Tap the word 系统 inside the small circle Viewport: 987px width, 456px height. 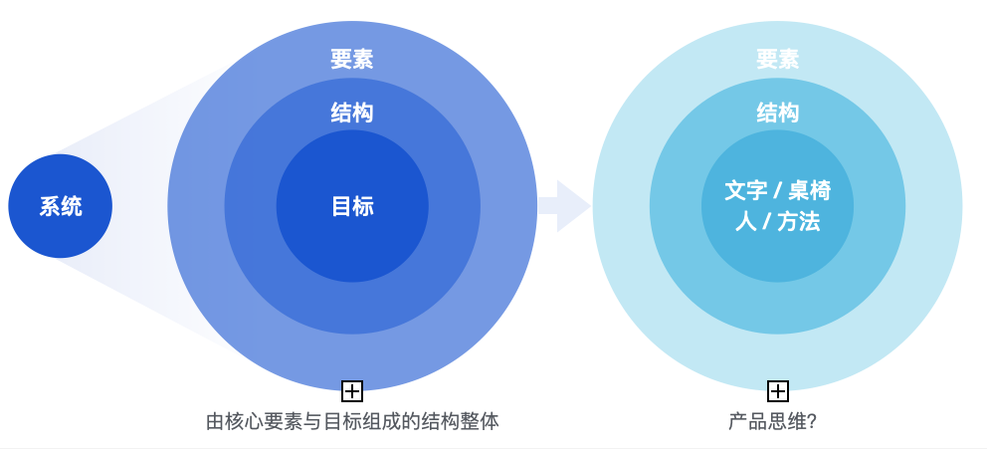pyautogui.click(x=61, y=207)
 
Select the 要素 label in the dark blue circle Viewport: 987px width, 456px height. pyautogui.click(x=352, y=60)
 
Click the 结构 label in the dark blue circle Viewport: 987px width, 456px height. pyautogui.click(x=352, y=113)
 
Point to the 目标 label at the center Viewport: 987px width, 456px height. pyautogui.click(x=352, y=207)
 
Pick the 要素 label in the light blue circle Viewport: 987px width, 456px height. pyautogui.click(x=777, y=60)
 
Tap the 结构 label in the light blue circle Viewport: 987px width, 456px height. pyautogui.click(x=777, y=113)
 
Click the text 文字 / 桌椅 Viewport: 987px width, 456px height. pyautogui.click(x=777, y=190)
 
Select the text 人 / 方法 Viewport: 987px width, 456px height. pyautogui.click(x=777, y=222)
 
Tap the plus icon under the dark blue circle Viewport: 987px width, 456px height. pyautogui.click(x=352, y=390)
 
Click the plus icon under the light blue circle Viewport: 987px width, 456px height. pyautogui.click(x=778, y=390)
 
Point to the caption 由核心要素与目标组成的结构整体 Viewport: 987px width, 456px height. pyautogui.click(x=352, y=421)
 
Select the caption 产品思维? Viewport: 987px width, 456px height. pyautogui.click(x=772, y=421)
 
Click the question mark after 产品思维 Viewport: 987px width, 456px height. pyautogui.click(x=811, y=421)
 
